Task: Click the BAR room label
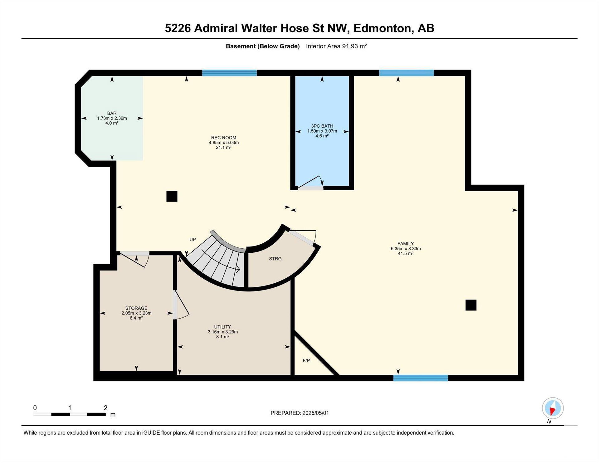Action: pos(112,113)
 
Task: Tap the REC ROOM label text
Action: pos(224,138)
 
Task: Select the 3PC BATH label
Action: pos(322,126)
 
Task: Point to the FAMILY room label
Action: pos(406,244)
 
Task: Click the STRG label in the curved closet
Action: pos(275,259)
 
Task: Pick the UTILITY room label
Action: pos(223,327)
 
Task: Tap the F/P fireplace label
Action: pos(306,361)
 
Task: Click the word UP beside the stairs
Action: pos(193,240)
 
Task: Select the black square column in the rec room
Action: pos(172,196)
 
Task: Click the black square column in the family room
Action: pos(471,305)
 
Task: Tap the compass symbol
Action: pos(553,408)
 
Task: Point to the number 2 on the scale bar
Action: pos(106,408)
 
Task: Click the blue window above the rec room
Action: pos(229,73)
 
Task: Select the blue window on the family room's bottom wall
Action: pos(421,378)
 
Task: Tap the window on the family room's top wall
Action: pos(407,73)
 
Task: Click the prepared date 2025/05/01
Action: pos(316,413)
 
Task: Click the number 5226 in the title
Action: pos(178,28)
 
